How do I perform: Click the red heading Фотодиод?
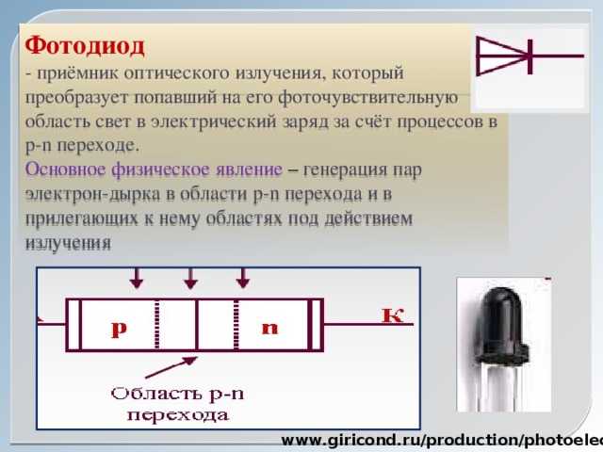coord(85,46)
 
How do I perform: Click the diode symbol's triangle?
coord(502,56)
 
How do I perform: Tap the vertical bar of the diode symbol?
coord(530,56)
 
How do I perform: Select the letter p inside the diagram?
coord(119,329)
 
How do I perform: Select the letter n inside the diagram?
coord(269,328)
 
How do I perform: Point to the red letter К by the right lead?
coord(392,315)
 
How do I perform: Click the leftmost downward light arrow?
coord(137,279)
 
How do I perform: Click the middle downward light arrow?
coord(190,279)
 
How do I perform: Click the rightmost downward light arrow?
coord(243,279)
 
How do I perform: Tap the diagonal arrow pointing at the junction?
coord(171,367)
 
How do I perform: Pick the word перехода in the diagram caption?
coord(178,416)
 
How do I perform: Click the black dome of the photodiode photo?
coord(502,319)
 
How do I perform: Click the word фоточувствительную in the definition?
coord(368,98)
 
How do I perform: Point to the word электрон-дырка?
coord(92,195)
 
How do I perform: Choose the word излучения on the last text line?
coord(68,243)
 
